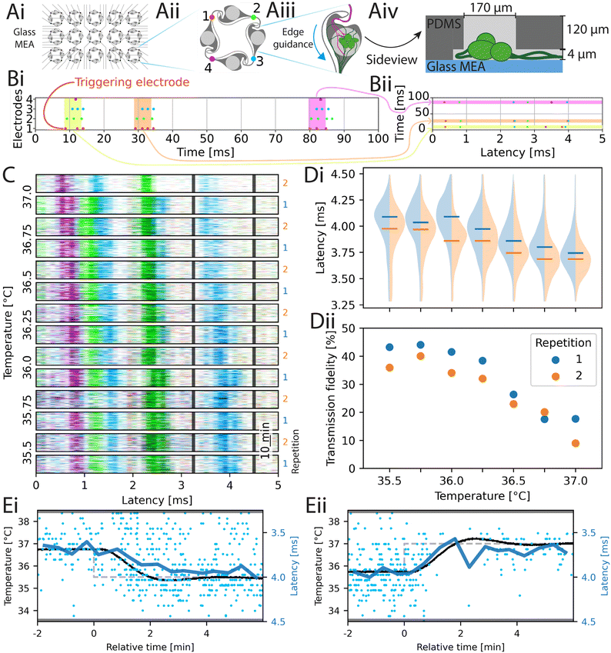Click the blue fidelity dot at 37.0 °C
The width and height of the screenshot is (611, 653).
coord(576,419)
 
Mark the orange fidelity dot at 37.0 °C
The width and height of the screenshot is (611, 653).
coord(576,443)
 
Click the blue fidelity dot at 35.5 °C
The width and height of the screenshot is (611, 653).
coord(389,348)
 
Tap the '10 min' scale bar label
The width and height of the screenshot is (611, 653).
coord(264,446)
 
